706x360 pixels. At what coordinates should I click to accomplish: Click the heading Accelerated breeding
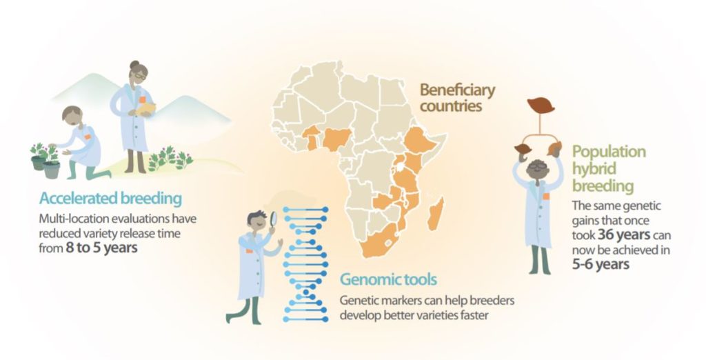[110, 198]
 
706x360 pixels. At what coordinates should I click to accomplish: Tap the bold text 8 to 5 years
[101, 248]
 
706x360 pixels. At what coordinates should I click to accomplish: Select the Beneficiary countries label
[457, 97]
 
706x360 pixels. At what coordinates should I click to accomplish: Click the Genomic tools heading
[388, 279]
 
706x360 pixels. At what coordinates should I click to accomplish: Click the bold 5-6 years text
[601, 264]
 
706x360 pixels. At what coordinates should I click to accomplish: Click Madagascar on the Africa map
[436, 214]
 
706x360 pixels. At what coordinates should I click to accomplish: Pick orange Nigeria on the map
[336, 139]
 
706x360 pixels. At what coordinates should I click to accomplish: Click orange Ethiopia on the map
[420, 140]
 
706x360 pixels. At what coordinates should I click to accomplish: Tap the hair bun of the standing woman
[134, 64]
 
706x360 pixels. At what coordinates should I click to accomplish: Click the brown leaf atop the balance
[541, 106]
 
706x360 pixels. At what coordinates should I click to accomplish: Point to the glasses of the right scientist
[538, 166]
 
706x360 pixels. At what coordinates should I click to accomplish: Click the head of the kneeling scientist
[72, 117]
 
